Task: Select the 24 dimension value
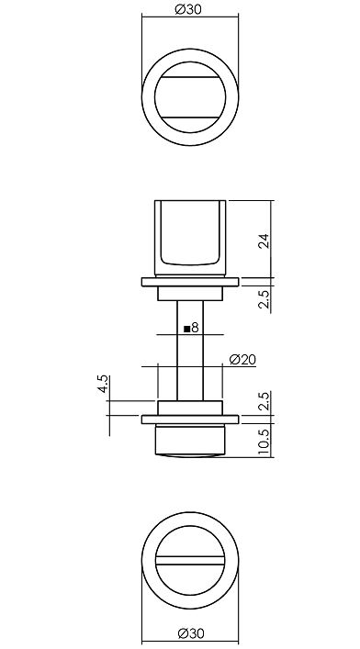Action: point(264,241)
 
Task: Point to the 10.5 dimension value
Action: point(264,442)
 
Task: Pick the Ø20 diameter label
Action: point(242,359)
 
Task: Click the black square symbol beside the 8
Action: point(186,327)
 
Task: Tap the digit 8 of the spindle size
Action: point(196,326)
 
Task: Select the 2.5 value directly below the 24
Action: point(264,298)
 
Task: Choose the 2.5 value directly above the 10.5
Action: point(264,401)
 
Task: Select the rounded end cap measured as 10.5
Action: point(192,441)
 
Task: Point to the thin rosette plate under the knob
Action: point(192,282)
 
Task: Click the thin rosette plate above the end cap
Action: point(192,420)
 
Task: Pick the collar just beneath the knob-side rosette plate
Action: point(192,294)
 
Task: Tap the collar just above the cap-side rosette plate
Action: point(192,408)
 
